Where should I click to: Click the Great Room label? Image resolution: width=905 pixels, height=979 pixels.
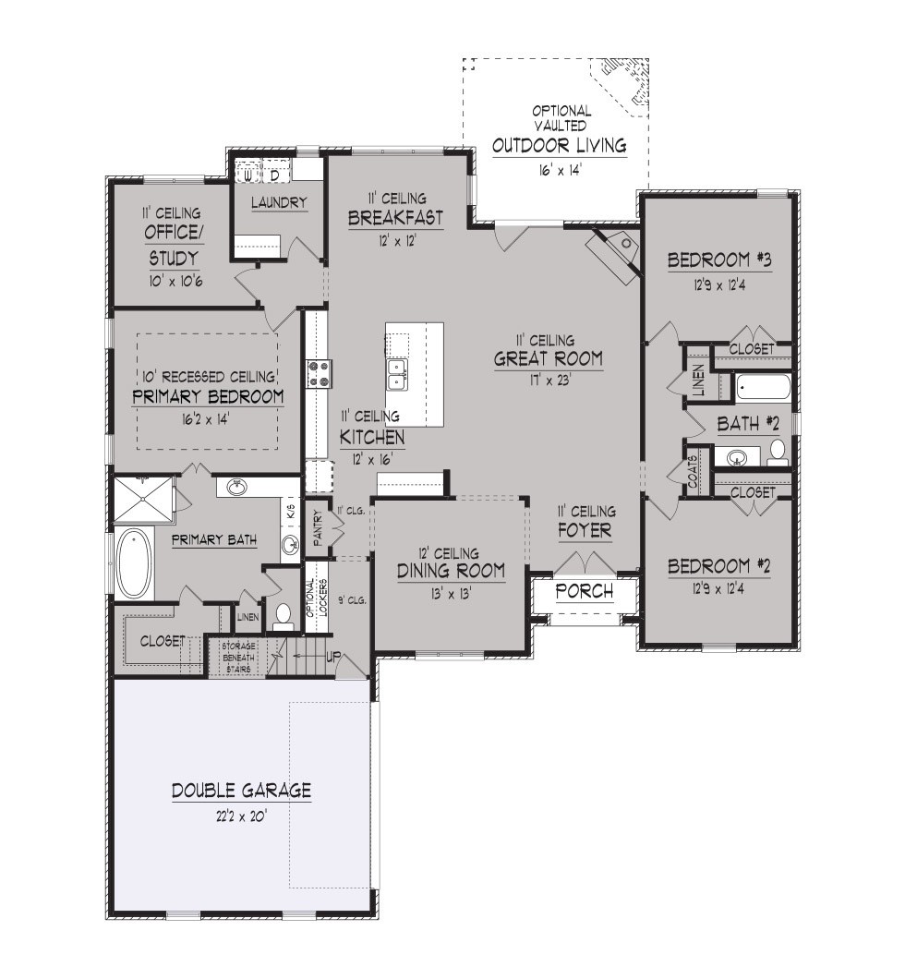point(548,358)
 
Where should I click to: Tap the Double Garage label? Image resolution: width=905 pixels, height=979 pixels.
point(241,791)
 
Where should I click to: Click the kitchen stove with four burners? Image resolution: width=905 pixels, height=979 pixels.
point(319,373)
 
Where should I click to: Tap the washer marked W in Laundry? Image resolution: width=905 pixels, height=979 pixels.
point(248,175)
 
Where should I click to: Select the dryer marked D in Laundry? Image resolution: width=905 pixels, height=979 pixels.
point(274,175)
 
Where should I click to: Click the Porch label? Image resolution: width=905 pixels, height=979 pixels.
point(585,591)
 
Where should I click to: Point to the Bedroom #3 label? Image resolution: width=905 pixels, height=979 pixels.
point(719,260)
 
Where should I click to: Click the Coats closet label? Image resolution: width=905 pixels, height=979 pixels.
point(694,471)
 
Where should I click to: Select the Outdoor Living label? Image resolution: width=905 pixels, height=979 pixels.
point(560,146)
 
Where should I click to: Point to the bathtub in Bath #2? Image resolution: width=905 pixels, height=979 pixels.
point(763,388)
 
